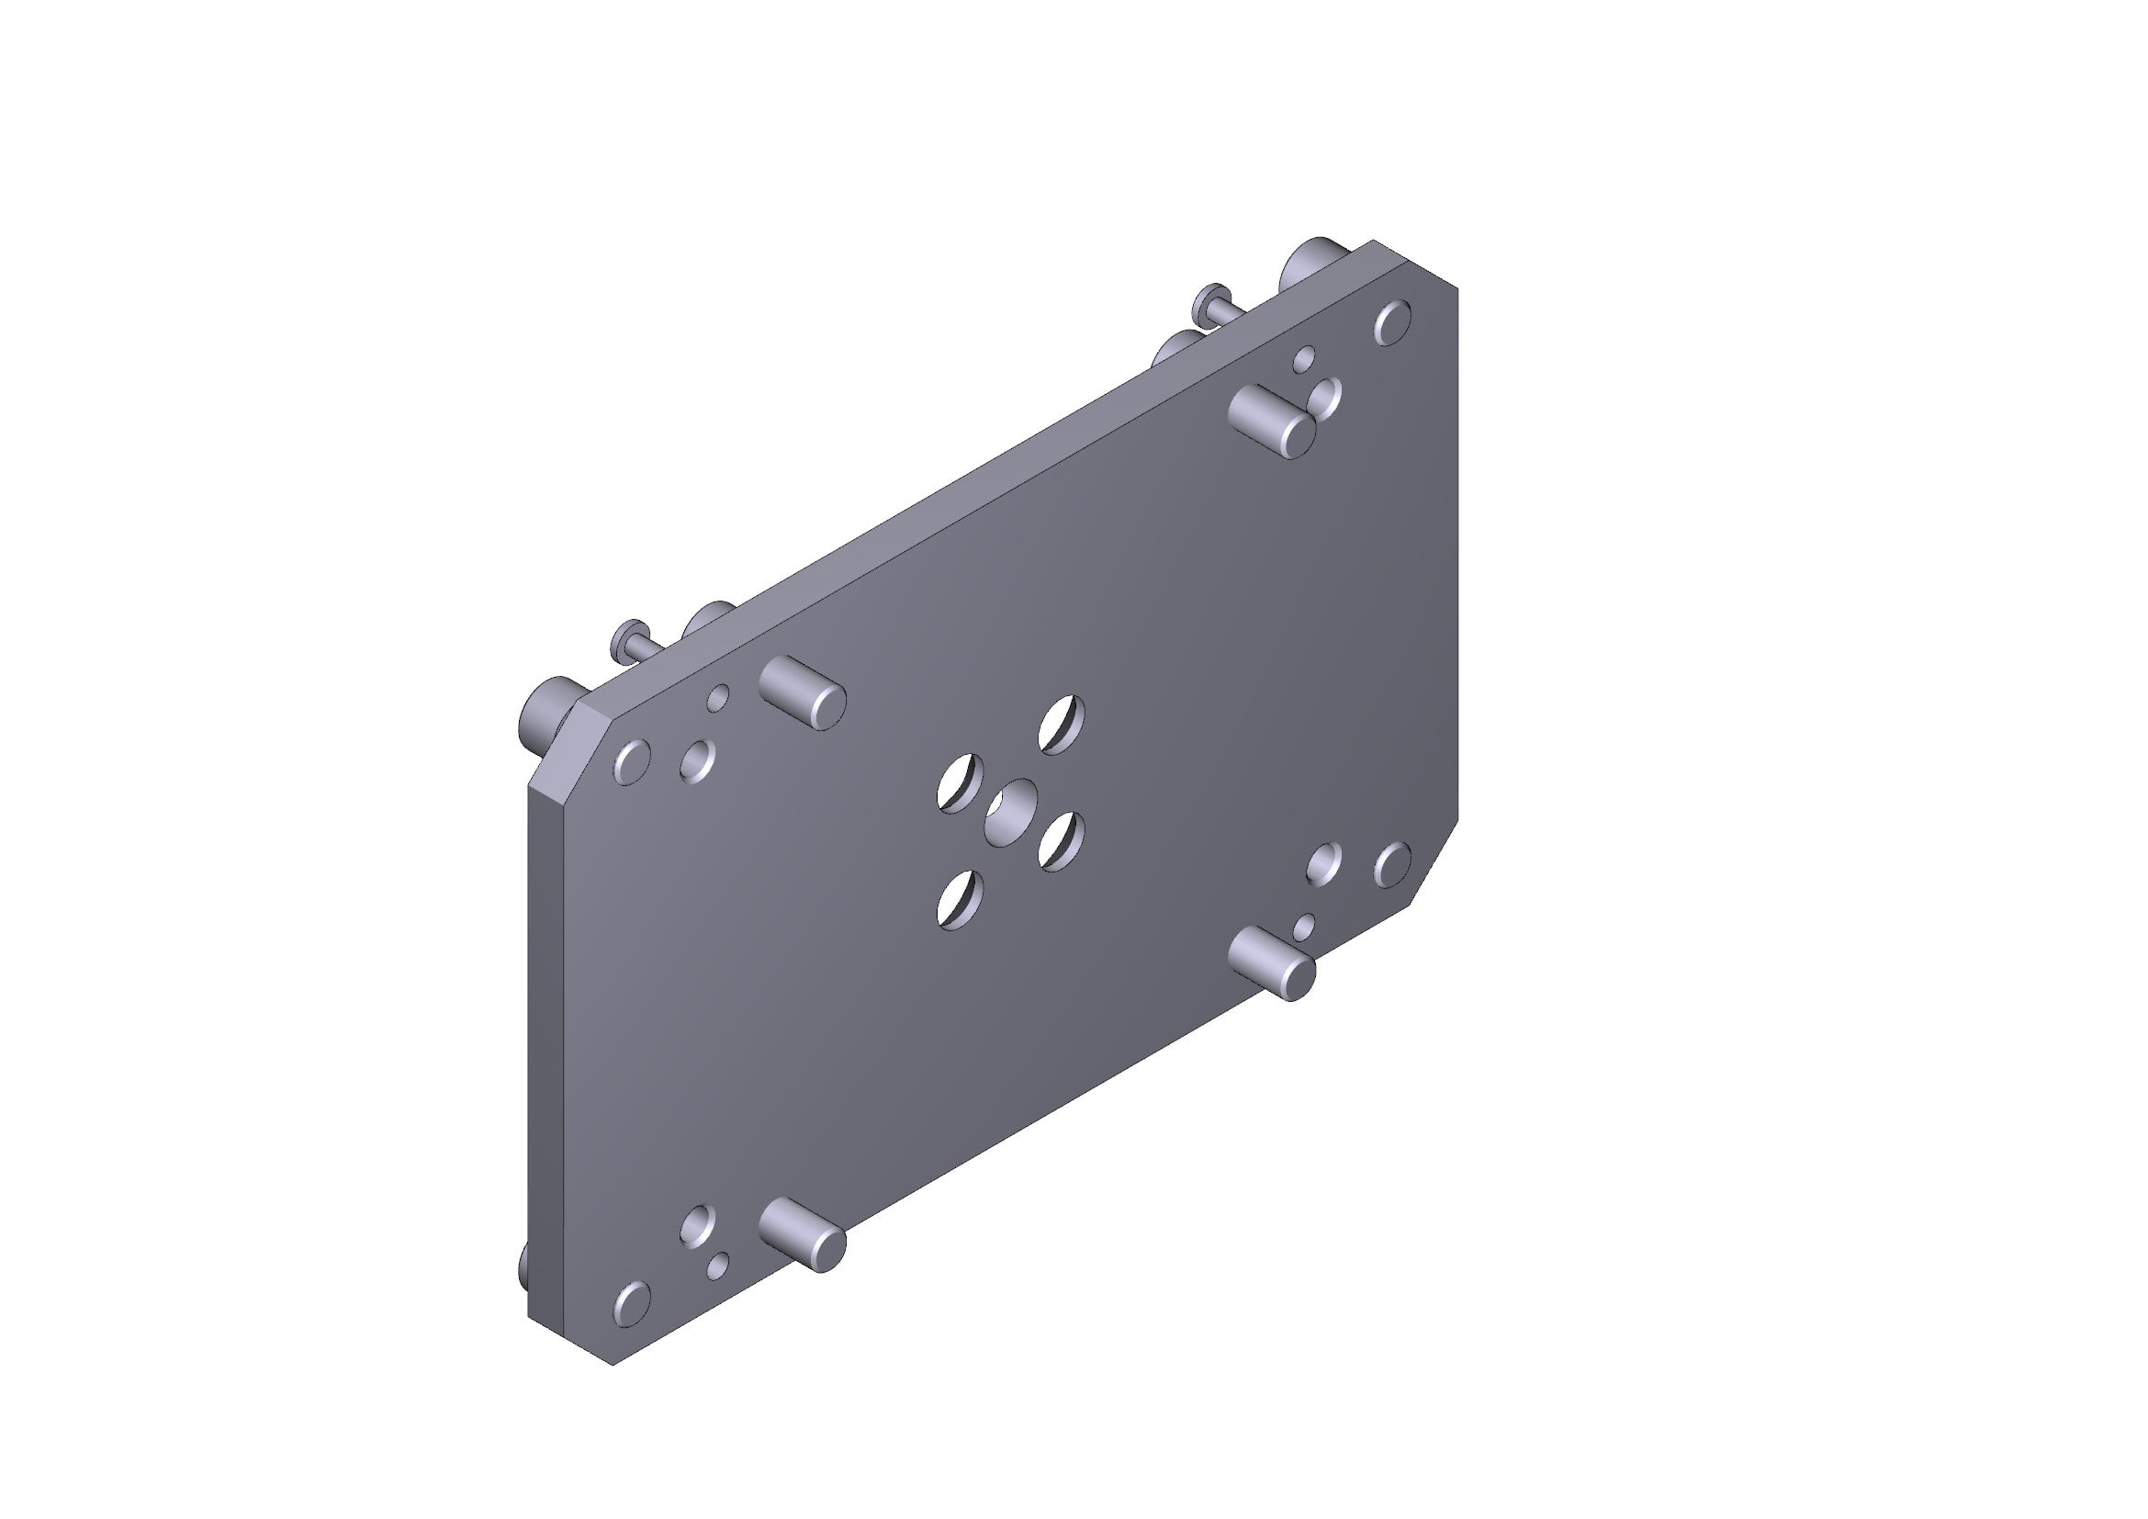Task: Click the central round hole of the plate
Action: coord(1011,808)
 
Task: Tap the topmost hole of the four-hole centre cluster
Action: coord(1062,725)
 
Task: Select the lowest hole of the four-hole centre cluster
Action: coord(960,900)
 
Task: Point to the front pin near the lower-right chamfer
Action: coord(1272,963)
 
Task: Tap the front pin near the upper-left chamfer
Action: coord(803,694)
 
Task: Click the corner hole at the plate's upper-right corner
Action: coord(1392,321)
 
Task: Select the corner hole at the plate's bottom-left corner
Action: coord(633,1303)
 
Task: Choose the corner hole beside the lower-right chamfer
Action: coord(1392,864)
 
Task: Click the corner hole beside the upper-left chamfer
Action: coord(633,761)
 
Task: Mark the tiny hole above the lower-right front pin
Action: coord(1303,927)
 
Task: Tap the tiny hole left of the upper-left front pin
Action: coord(717,698)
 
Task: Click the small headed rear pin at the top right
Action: coord(1211,302)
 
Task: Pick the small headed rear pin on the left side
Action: coord(632,640)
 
